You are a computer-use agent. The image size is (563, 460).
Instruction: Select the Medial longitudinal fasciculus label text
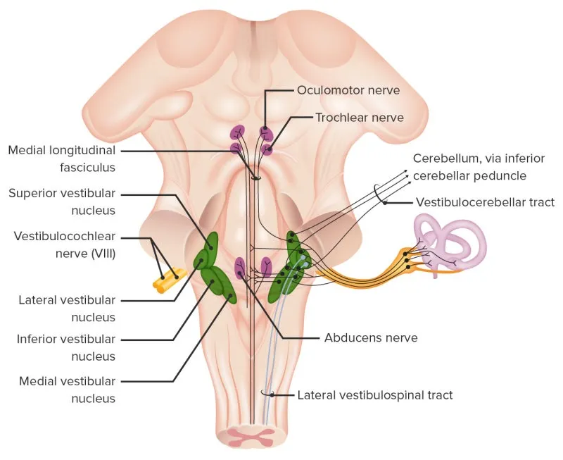(x=61, y=158)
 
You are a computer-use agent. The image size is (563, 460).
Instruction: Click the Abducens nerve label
(x=370, y=337)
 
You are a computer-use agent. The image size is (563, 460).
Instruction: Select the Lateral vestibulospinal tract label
(x=375, y=395)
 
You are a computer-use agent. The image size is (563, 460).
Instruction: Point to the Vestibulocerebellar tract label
(x=485, y=202)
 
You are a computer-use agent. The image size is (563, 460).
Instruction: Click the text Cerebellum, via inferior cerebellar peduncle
(x=469, y=166)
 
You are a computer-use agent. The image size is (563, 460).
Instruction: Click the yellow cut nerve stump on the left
(x=170, y=280)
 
